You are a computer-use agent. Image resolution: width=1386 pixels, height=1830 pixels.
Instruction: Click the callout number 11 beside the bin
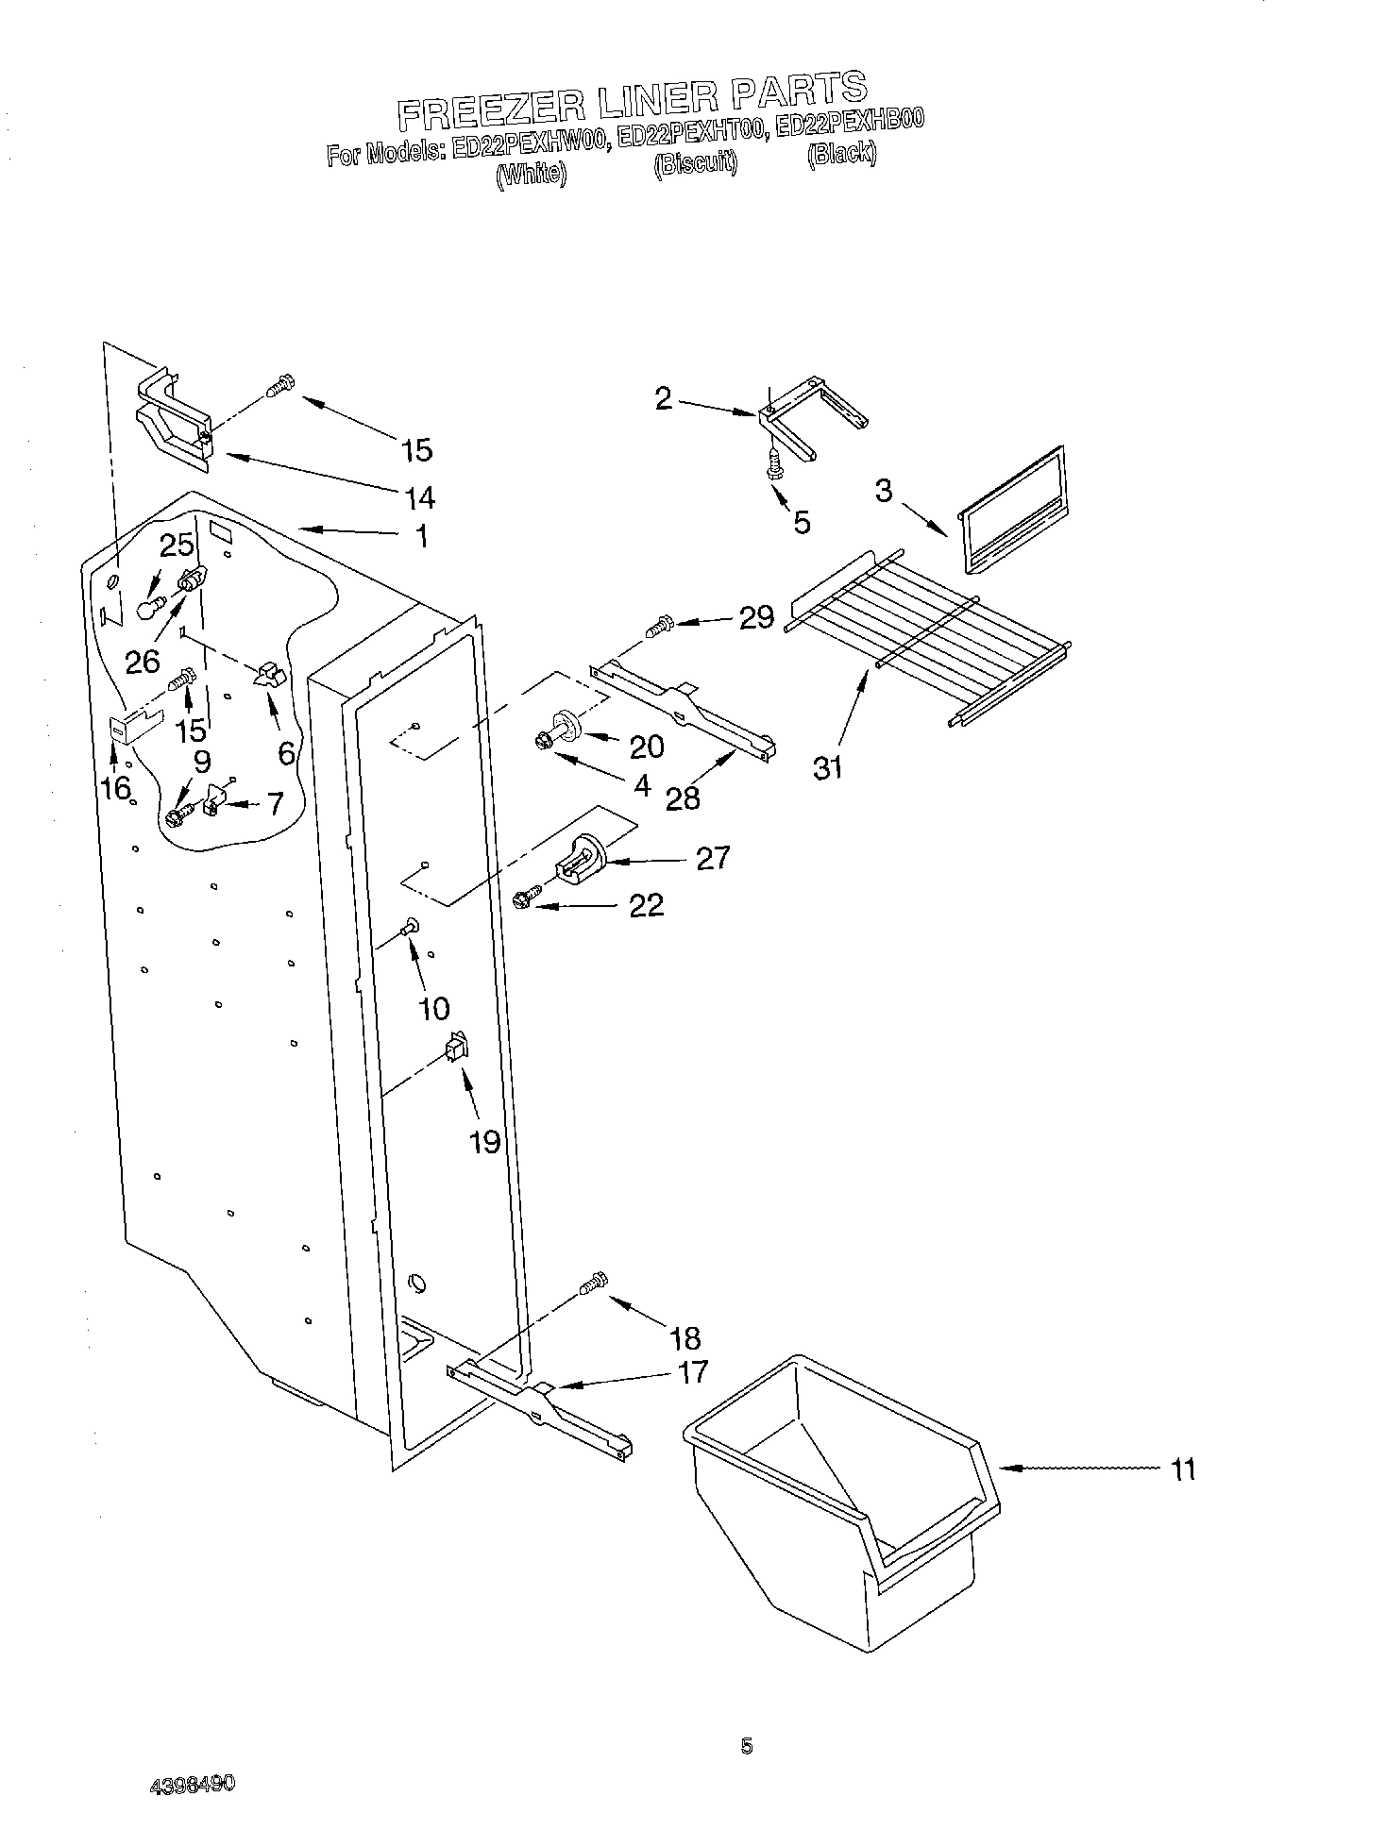click(x=1182, y=1469)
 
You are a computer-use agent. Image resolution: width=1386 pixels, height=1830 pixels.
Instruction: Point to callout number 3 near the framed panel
click(x=883, y=491)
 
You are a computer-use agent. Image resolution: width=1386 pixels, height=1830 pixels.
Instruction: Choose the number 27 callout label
click(x=713, y=857)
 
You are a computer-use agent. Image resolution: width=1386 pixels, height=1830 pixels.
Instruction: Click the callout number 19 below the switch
click(x=484, y=1142)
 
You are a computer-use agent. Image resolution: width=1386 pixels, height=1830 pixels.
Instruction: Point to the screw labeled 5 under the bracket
click(x=774, y=463)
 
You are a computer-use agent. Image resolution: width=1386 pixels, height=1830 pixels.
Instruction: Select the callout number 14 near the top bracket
click(x=418, y=496)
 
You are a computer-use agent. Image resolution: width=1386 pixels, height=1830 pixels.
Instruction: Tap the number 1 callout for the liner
click(x=422, y=537)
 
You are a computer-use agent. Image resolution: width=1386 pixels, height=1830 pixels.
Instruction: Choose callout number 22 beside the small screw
click(x=647, y=905)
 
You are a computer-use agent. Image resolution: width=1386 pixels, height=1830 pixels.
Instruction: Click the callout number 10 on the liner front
click(x=433, y=1008)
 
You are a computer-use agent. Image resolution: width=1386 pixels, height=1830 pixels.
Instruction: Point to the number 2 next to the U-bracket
click(x=664, y=399)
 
